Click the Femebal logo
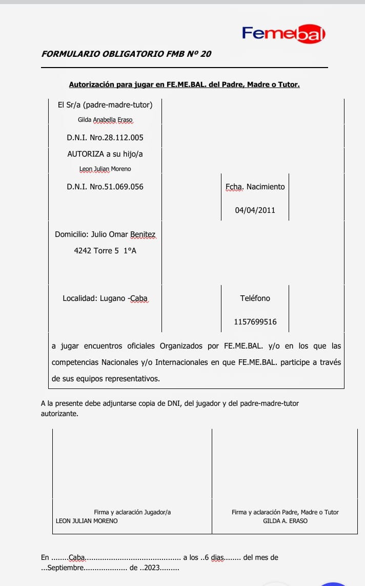283,34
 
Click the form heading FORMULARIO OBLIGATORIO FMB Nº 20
126,54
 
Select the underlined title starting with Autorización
184,84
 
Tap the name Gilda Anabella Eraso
105,120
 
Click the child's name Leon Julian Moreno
105,169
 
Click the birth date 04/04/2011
255,210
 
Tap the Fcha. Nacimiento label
255,187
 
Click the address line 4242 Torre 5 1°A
105,251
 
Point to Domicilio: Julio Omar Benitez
105,234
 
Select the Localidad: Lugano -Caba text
105,298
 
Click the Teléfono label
255,298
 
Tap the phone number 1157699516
255,322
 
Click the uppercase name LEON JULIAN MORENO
87,520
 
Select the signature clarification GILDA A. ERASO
285,520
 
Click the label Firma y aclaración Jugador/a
132,512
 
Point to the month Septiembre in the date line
65,568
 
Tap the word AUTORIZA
86,154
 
